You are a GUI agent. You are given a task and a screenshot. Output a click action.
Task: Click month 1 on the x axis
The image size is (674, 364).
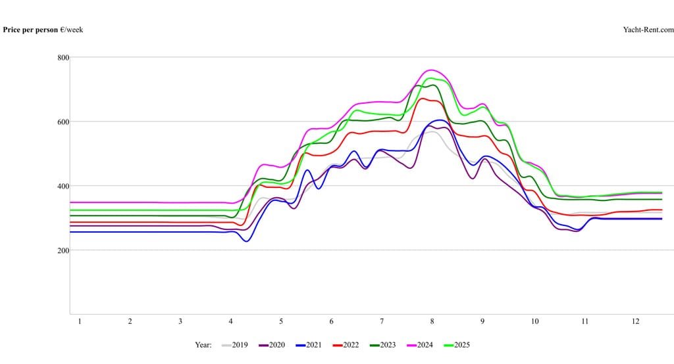tap(80, 321)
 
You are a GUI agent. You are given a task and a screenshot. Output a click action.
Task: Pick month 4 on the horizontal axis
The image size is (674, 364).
tap(230, 321)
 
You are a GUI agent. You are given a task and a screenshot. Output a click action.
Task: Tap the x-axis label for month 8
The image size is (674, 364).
tap(432, 321)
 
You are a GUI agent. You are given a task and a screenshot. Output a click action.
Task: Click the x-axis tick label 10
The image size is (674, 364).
tap(534, 321)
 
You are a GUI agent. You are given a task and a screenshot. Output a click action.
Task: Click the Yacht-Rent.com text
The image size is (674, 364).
tap(648, 30)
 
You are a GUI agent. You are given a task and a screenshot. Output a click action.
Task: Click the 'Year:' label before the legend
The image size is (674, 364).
tap(203, 344)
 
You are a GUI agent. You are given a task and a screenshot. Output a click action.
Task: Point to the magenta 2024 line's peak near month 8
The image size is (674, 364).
tap(432, 70)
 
